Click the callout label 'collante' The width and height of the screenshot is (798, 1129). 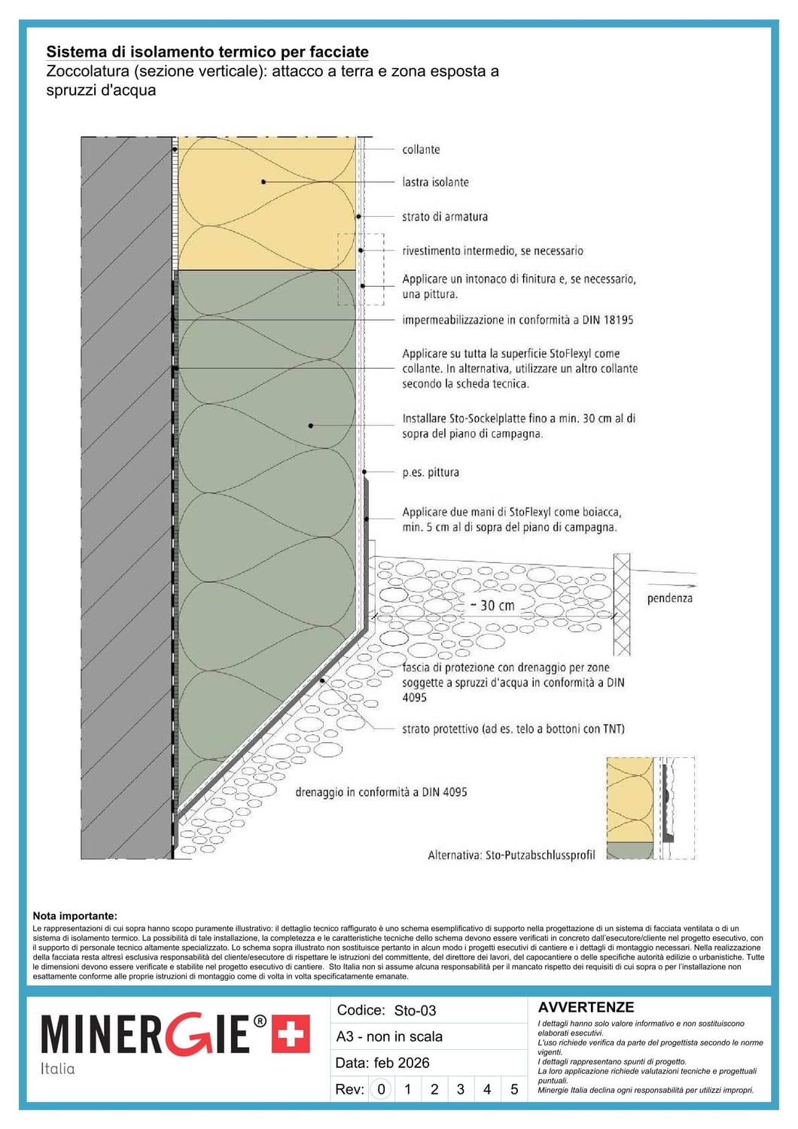(421, 150)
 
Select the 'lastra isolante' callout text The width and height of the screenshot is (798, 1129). (435, 182)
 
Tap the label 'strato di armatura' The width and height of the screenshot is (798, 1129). (444, 217)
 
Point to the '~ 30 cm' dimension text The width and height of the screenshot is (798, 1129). (493, 605)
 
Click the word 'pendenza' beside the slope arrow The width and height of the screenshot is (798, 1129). (669, 598)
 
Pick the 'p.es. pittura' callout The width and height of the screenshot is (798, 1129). (430, 473)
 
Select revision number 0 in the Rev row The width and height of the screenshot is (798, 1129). (382, 1089)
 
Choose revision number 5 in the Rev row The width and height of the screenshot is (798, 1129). (514, 1089)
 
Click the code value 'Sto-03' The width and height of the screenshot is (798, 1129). (415, 1011)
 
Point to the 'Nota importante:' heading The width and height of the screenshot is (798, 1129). (75, 916)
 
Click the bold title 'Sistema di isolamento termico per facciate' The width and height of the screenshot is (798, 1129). (207, 52)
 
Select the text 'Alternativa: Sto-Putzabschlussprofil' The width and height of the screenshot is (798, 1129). (511, 855)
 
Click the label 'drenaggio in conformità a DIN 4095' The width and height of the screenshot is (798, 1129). (381, 792)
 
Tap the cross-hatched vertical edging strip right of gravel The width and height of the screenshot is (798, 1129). (622, 604)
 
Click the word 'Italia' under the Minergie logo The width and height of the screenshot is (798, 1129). (58, 1069)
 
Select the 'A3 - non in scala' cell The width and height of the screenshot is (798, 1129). (389, 1036)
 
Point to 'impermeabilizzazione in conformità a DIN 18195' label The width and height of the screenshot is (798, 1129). (517, 320)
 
